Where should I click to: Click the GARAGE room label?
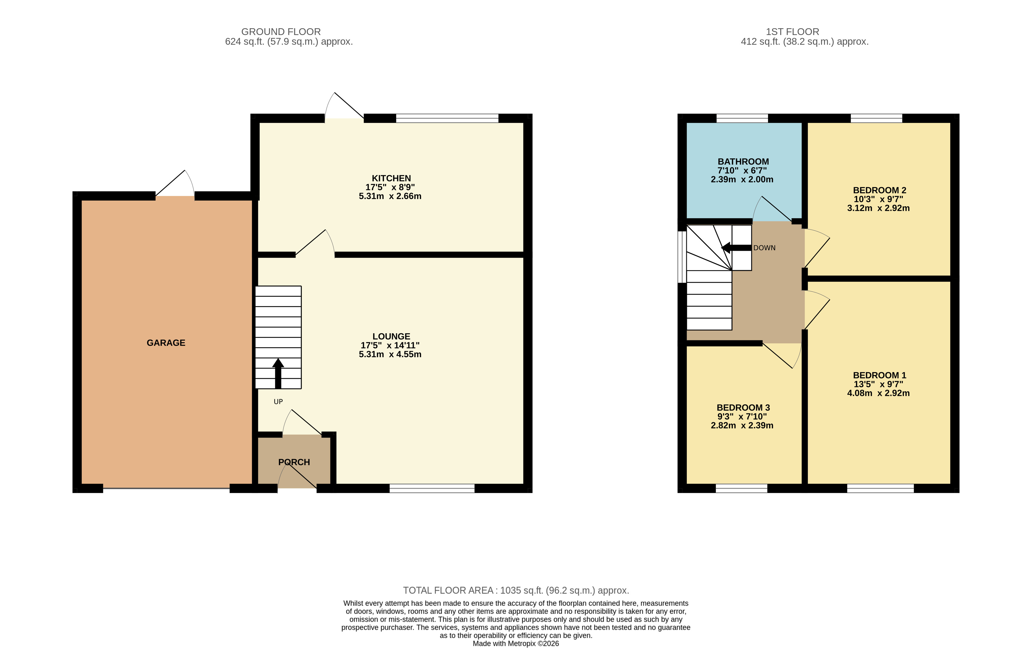click(166, 343)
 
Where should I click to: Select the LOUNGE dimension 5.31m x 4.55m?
click(390, 354)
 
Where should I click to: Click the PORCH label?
click(294, 462)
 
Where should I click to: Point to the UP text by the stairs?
click(278, 402)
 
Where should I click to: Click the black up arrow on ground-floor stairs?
click(278, 373)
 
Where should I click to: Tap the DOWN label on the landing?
click(764, 248)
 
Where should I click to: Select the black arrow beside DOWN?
click(736, 248)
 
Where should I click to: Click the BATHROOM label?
click(743, 162)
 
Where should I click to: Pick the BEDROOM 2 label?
click(880, 190)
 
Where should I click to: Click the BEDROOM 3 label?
click(743, 408)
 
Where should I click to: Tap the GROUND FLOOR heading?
click(281, 32)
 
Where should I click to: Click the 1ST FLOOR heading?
click(792, 32)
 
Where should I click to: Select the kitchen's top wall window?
click(447, 118)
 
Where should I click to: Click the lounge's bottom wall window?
click(432, 488)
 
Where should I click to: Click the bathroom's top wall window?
click(742, 118)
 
